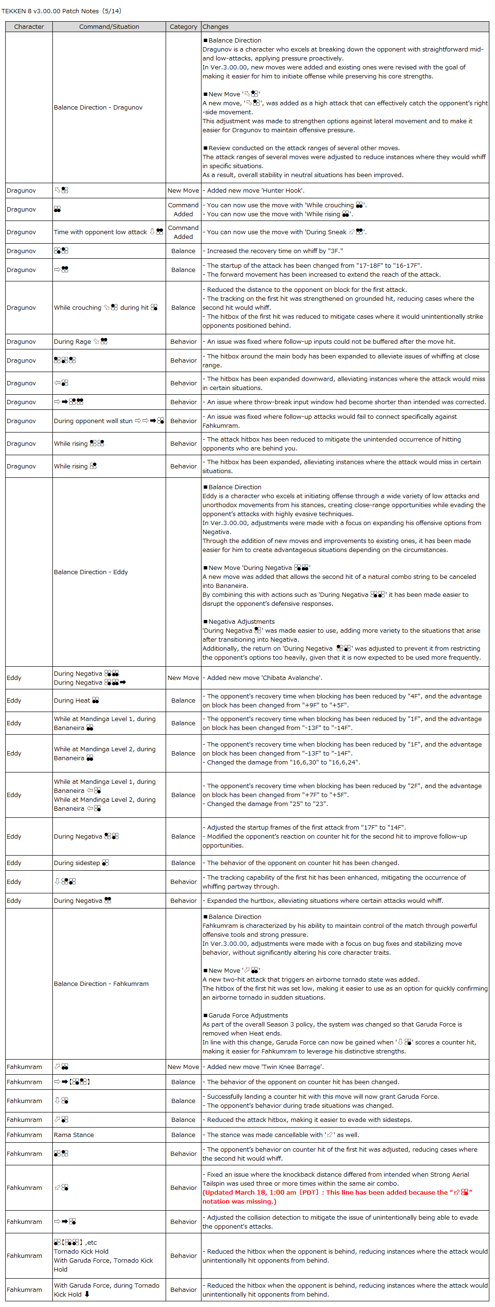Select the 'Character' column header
[29, 27]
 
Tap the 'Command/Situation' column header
[109, 27]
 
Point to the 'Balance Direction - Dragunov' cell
[99, 108]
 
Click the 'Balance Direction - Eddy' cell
[91, 572]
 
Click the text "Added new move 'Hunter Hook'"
[256, 191]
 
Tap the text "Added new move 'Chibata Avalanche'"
[264, 678]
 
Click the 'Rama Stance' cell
[74, 1135]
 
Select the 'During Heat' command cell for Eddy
[76, 701]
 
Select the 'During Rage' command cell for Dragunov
[81, 342]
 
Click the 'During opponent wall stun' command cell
[109, 421]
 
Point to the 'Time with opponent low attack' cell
[108, 232]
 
